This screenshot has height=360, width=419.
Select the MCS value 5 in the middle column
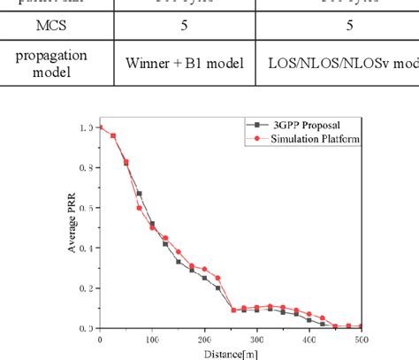183,26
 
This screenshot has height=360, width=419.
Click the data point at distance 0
100,127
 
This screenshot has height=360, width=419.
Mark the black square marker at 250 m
232,310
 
